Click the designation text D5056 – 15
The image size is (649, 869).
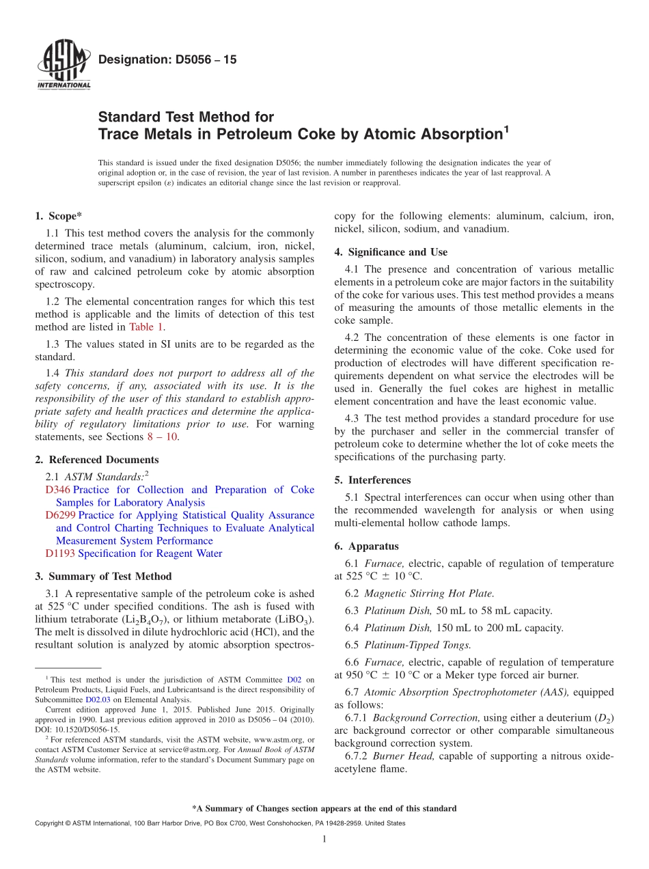click(167, 60)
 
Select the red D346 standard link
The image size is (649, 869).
click(57, 490)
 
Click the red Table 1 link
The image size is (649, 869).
click(147, 327)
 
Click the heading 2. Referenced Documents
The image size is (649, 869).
click(96, 460)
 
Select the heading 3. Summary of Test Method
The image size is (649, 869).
click(103, 576)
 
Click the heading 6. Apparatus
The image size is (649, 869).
click(366, 547)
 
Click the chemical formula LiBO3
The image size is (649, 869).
click(294, 620)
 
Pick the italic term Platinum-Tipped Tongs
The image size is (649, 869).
click(417, 645)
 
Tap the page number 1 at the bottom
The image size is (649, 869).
click(324, 839)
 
